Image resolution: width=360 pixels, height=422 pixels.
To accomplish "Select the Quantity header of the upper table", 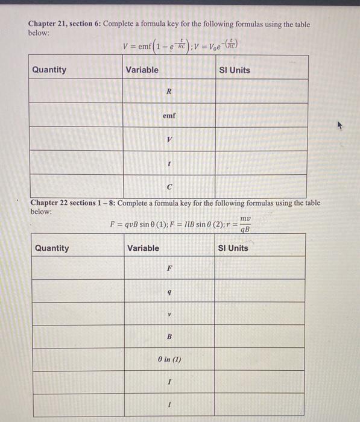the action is pyautogui.click(x=49, y=69).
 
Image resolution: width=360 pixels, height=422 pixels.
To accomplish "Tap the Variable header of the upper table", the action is pyautogui.click(x=142, y=69).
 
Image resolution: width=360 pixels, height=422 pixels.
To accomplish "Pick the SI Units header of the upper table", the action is pyautogui.click(x=235, y=70).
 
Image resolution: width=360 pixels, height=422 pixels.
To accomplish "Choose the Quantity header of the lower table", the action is pyautogui.click(x=52, y=248).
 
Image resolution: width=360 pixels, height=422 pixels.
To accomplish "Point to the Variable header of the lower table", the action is pyautogui.click(x=144, y=248).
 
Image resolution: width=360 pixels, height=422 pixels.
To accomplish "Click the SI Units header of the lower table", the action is pyautogui.click(x=233, y=248).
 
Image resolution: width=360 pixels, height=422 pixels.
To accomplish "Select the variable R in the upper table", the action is pyautogui.click(x=169, y=92).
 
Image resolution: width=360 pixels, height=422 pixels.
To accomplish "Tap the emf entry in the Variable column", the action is pyautogui.click(x=169, y=115).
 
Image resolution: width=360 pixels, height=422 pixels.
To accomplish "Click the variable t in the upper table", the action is pyautogui.click(x=169, y=163).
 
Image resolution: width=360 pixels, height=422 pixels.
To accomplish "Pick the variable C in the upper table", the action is pyautogui.click(x=169, y=186).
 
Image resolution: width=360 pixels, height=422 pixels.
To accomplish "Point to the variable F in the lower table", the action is pyautogui.click(x=169, y=268).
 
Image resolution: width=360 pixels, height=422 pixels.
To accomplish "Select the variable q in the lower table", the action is pyautogui.click(x=169, y=292).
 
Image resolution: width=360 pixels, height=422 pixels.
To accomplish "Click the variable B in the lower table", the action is pyautogui.click(x=169, y=336).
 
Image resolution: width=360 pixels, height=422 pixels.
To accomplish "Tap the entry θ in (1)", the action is pyautogui.click(x=169, y=360).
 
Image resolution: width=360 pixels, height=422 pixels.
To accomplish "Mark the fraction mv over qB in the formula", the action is pyautogui.click(x=245, y=224).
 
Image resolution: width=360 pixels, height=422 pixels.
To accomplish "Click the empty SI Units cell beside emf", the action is pyautogui.click(x=261, y=115).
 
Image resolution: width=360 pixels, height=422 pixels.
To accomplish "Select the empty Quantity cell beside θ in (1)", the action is pyautogui.click(x=78, y=360).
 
